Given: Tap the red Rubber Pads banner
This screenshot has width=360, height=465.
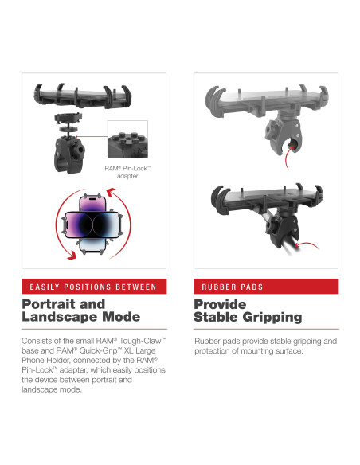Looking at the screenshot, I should coord(266,287).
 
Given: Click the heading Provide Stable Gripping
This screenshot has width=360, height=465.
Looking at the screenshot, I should coord(248,311).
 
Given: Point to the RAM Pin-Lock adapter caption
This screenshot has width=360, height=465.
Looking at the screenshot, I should coord(126,171).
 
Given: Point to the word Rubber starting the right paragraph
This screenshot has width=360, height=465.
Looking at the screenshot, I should coord(209,342).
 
